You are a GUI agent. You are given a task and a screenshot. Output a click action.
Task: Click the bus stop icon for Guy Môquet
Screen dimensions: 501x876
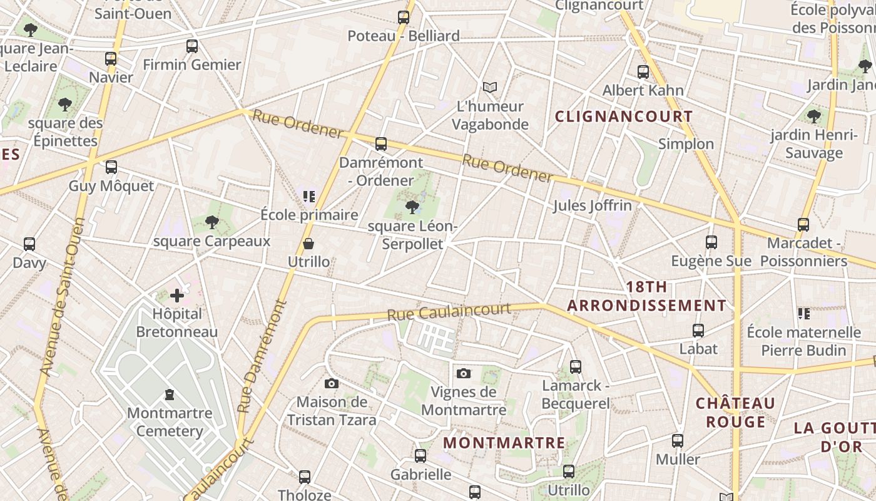click(111, 167)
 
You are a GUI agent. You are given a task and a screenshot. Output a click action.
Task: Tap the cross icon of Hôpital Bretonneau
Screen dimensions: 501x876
click(177, 295)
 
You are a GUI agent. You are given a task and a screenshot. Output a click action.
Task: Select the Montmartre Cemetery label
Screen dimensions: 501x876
click(170, 422)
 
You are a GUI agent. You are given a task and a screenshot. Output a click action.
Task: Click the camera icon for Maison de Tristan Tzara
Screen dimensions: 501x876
click(332, 383)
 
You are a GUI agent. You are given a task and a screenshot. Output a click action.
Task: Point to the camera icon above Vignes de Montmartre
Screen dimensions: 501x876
click(464, 374)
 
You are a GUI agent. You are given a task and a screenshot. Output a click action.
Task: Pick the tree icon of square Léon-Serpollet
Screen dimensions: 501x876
click(412, 207)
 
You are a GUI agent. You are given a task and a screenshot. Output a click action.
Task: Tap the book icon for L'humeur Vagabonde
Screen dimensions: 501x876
click(490, 87)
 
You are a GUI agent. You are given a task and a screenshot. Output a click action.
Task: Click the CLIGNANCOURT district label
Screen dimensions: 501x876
click(624, 116)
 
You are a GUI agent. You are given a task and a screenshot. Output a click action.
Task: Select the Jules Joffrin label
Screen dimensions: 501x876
click(592, 205)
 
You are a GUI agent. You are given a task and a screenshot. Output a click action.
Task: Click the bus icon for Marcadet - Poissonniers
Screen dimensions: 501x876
click(803, 224)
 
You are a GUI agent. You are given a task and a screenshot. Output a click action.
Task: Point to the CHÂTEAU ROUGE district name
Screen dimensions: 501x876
click(736, 412)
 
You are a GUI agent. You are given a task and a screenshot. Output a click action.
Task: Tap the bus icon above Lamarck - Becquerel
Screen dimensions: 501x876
click(576, 367)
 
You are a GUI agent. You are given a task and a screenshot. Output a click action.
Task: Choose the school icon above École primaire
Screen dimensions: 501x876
click(308, 197)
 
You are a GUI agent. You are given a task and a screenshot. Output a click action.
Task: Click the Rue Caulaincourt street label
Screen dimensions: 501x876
click(449, 311)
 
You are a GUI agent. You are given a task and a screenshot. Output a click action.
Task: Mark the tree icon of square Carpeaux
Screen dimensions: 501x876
click(212, 222)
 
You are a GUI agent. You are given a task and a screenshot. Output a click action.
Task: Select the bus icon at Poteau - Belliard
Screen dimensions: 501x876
click(404, 18)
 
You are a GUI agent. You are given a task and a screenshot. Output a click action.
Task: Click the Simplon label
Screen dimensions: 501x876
click(686, 144)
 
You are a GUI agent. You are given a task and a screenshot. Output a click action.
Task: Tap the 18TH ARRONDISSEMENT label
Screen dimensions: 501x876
click(647, 296)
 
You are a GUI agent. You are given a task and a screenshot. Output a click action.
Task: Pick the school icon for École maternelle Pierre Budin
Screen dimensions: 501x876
click(804, 313)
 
